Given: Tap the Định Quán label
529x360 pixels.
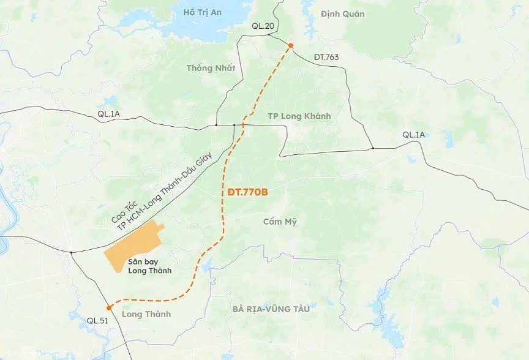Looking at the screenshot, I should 342,13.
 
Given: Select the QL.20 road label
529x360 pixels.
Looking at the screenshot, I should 263,26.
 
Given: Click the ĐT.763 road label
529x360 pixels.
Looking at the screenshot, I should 326,57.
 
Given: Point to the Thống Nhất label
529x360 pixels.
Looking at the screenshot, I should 211,68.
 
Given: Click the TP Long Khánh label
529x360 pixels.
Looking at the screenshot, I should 299,116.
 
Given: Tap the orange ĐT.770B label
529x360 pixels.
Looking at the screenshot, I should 244,192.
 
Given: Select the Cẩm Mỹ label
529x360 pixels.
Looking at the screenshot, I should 280,222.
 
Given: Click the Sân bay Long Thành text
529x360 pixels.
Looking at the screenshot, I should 150,266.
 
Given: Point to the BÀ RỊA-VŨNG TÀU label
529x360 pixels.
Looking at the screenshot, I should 271,309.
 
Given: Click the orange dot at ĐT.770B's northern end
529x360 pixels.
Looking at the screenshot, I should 291,46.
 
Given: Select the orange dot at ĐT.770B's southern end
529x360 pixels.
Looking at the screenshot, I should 108,307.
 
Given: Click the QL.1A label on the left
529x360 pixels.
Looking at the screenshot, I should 109,114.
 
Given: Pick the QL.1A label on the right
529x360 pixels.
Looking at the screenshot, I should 413,135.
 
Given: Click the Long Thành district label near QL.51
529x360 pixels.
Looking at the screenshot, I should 146,314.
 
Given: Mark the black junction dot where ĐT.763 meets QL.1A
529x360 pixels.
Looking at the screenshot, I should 372,148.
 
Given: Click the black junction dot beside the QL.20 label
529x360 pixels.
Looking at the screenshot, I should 269,34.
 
